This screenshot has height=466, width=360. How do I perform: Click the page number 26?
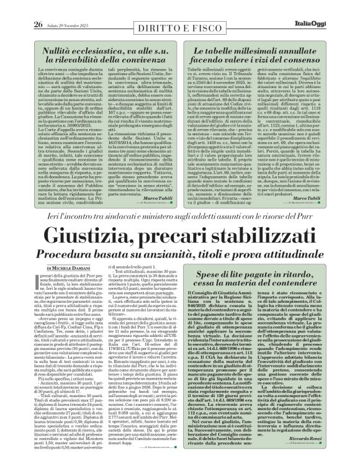click(x=20, y=7)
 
